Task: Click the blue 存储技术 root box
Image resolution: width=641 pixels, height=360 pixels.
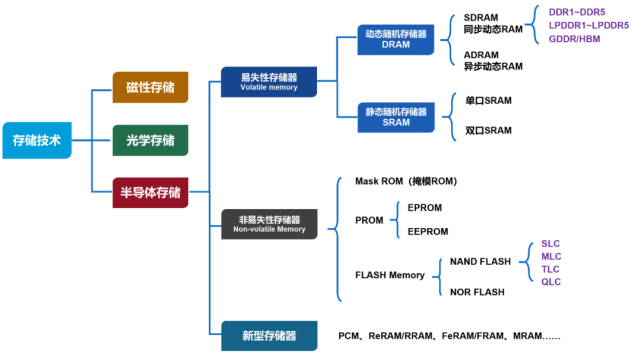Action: pos(37,140)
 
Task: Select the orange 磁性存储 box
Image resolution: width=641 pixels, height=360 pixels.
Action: pos(150,88)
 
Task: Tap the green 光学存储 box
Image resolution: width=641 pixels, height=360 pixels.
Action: pos(150,140)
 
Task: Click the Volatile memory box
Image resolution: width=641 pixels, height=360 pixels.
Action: pos(269,81)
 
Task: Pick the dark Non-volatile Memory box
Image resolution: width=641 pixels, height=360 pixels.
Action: pos(269,223)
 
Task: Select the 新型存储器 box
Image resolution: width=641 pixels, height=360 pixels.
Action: pos(269,336)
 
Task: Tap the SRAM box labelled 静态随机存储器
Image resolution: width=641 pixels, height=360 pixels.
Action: pos(394,116)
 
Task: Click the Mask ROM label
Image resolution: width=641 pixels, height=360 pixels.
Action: pos(405,181)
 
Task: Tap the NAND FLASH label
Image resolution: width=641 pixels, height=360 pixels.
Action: pos(480,261)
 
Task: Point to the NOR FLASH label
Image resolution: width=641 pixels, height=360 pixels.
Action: pos(477,292)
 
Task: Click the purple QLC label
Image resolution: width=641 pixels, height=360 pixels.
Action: pos(551,283)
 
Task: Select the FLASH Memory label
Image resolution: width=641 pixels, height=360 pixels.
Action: pos(390,275)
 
